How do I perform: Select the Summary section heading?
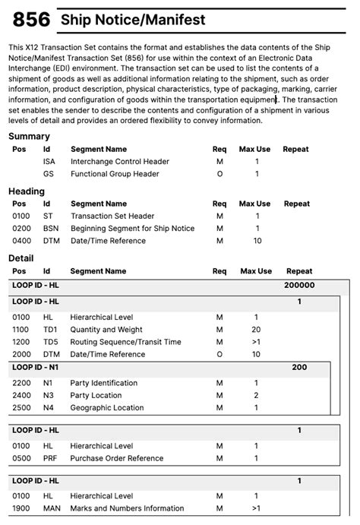(29, 136)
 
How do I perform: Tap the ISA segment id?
(49, 162)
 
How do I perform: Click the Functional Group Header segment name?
(115, 174)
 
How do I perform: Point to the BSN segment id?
(50, 229)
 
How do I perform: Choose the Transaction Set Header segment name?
(112, 217)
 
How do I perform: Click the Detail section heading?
(21, 258)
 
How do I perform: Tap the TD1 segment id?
(50, 330)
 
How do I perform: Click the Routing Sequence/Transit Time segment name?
(125, 342)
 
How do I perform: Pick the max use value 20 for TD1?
(256, 330)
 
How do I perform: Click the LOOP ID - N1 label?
(35, 368)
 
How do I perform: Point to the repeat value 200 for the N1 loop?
(299, 368)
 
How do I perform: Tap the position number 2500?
(22, 408)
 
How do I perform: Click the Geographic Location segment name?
(107, 408)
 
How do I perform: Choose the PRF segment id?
(50, 458)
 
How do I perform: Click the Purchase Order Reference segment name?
(117, 458)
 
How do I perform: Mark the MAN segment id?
(51, 508)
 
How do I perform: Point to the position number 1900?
(22, 508)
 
